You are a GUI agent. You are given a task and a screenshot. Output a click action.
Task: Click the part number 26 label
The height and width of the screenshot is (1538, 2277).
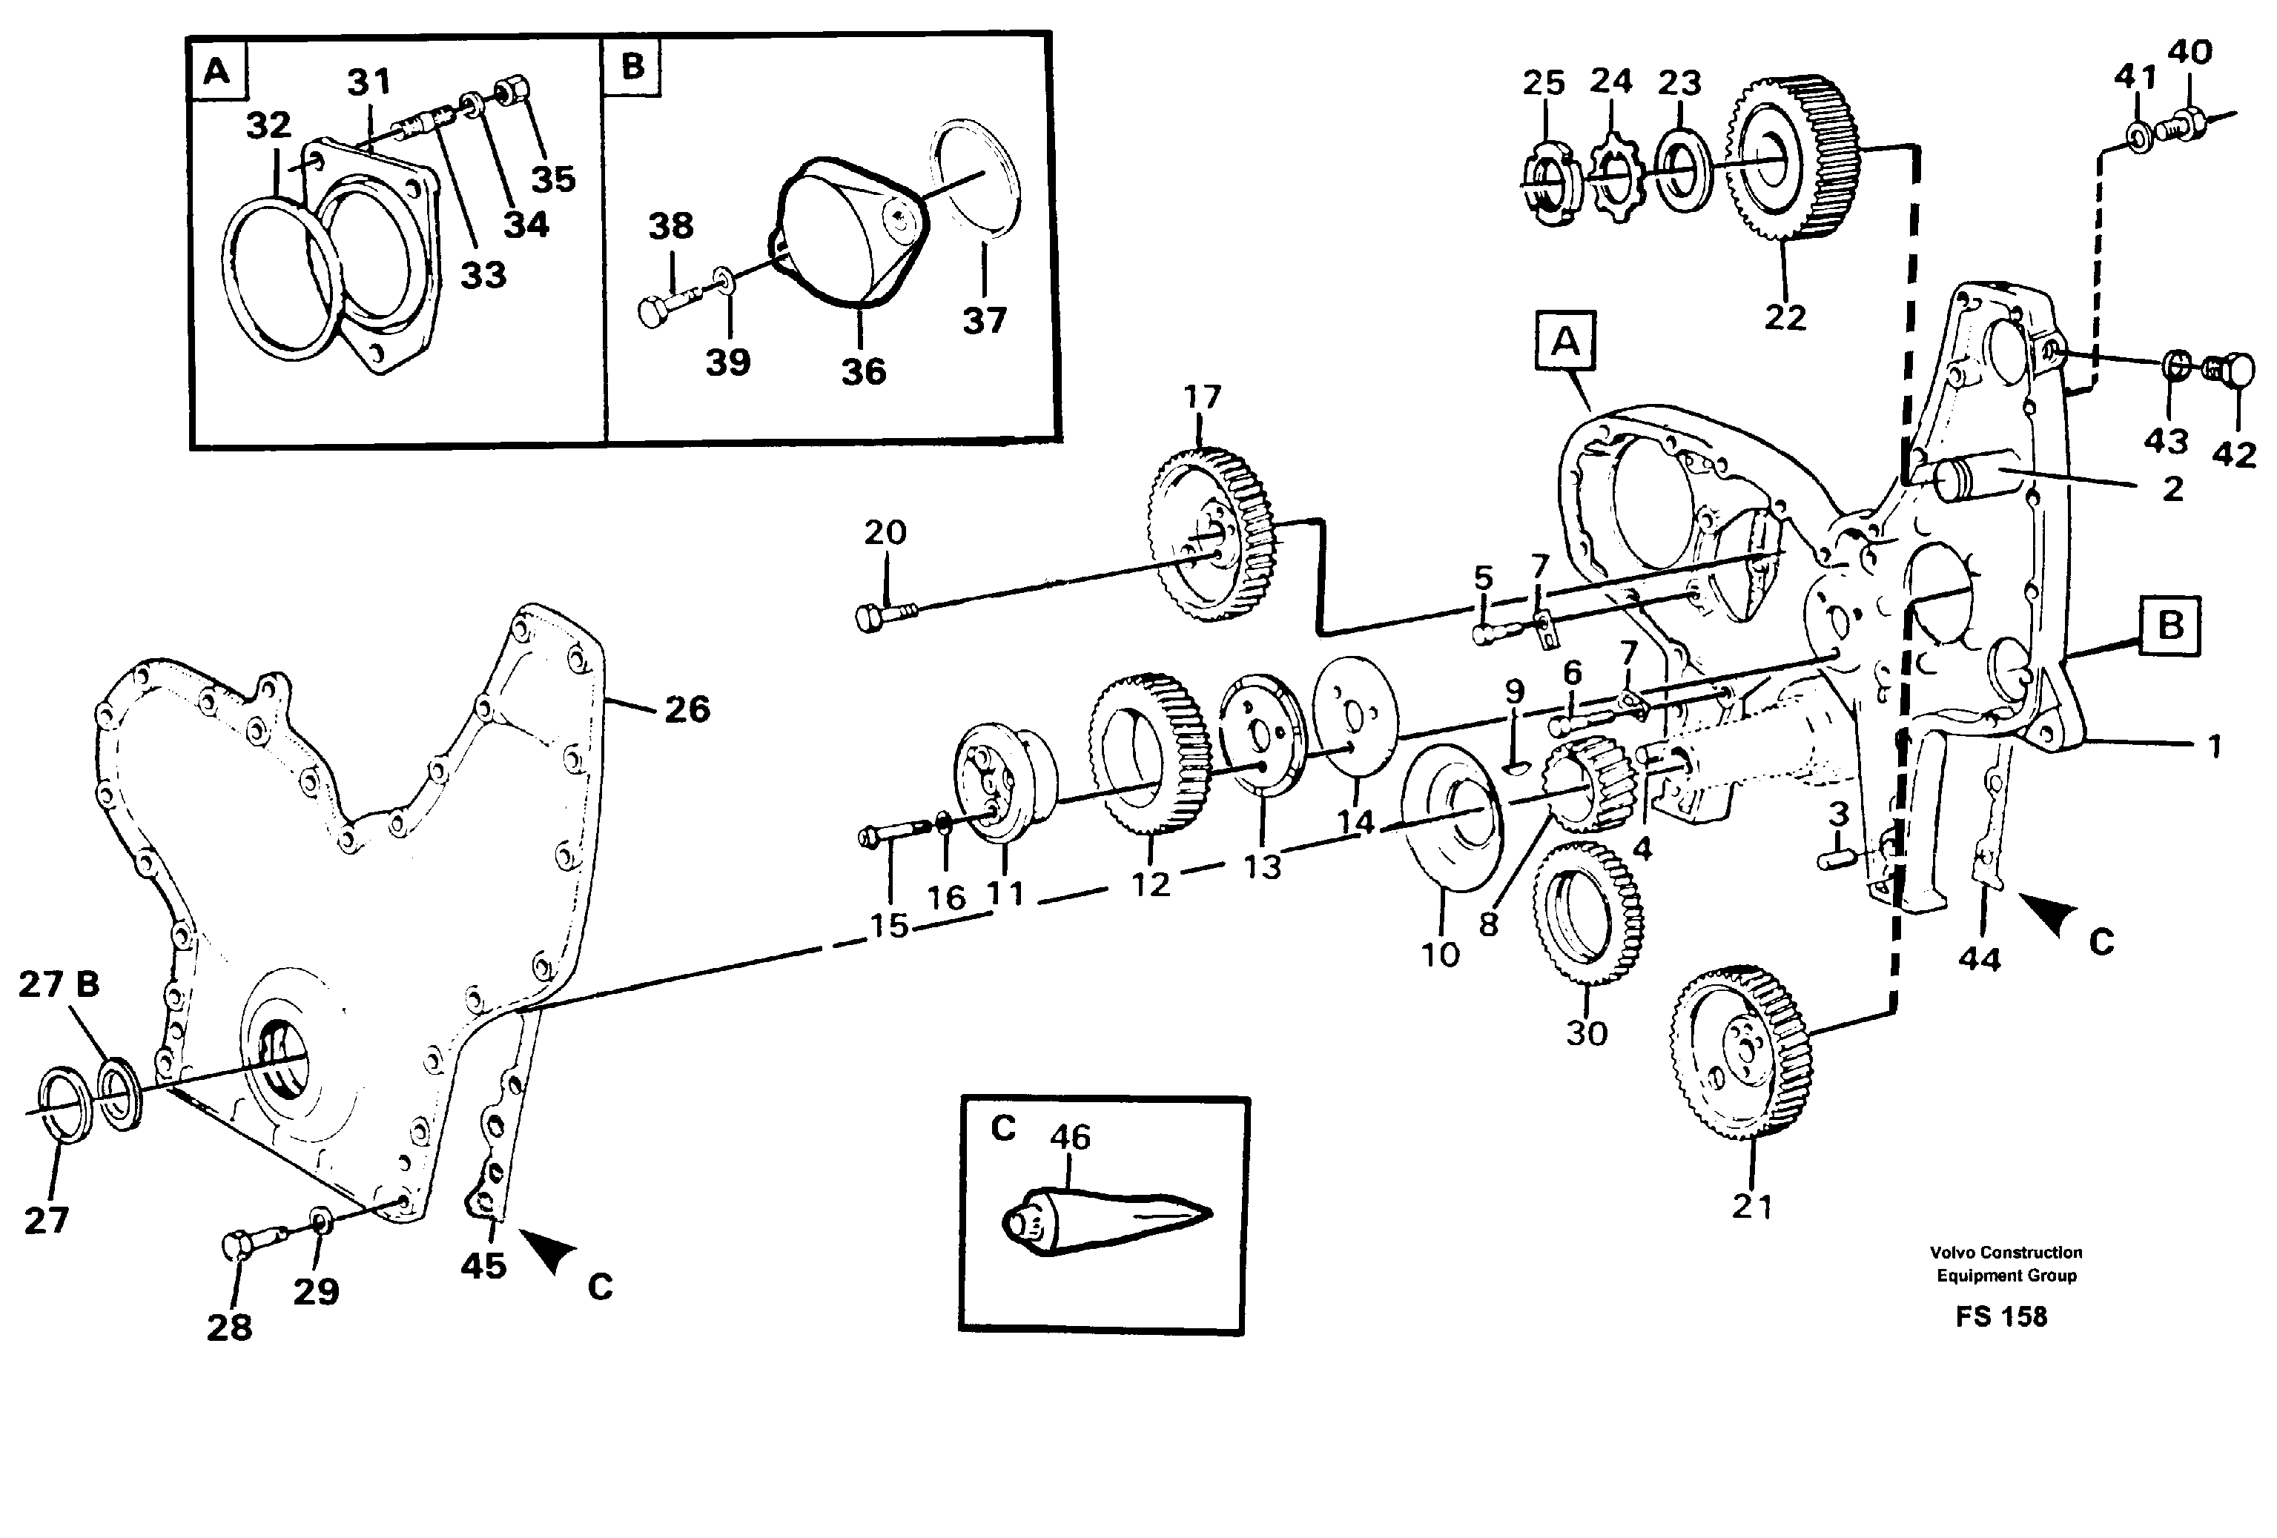[x=686, y=709]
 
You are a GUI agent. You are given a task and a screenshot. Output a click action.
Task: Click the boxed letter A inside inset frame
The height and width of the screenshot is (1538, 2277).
[x=216, y=70]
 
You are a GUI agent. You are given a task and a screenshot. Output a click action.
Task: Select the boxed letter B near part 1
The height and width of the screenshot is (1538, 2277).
[x=2169, y=625]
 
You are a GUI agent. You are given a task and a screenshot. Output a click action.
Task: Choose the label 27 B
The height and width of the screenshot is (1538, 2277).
[x=59, y=984]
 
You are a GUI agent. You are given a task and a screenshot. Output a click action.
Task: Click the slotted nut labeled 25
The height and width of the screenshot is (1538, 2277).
[x=1550, y=187]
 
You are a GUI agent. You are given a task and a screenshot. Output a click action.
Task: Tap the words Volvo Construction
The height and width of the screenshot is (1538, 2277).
[x=2006, y=1252]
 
